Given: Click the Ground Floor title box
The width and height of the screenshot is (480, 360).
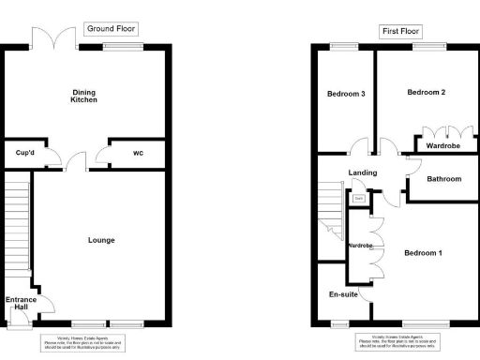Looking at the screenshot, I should pos(112,29).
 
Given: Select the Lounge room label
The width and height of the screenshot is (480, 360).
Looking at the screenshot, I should pos(101,240).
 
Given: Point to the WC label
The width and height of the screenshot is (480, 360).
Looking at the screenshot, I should pos(139,153).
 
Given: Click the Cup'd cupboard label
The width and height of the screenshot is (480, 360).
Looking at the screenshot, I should pos(24,153).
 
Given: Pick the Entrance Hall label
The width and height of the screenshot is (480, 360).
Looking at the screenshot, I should pos(21,305).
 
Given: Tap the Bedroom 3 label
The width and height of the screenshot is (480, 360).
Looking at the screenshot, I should pos(346,94).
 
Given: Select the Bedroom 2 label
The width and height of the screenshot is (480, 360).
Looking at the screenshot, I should pos(426,93).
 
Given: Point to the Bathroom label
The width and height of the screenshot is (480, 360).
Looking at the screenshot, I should pos(443,178).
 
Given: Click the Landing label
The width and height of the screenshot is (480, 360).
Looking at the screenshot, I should pos(362,172).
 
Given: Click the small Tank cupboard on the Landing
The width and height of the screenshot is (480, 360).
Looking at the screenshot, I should pos(358,198).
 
